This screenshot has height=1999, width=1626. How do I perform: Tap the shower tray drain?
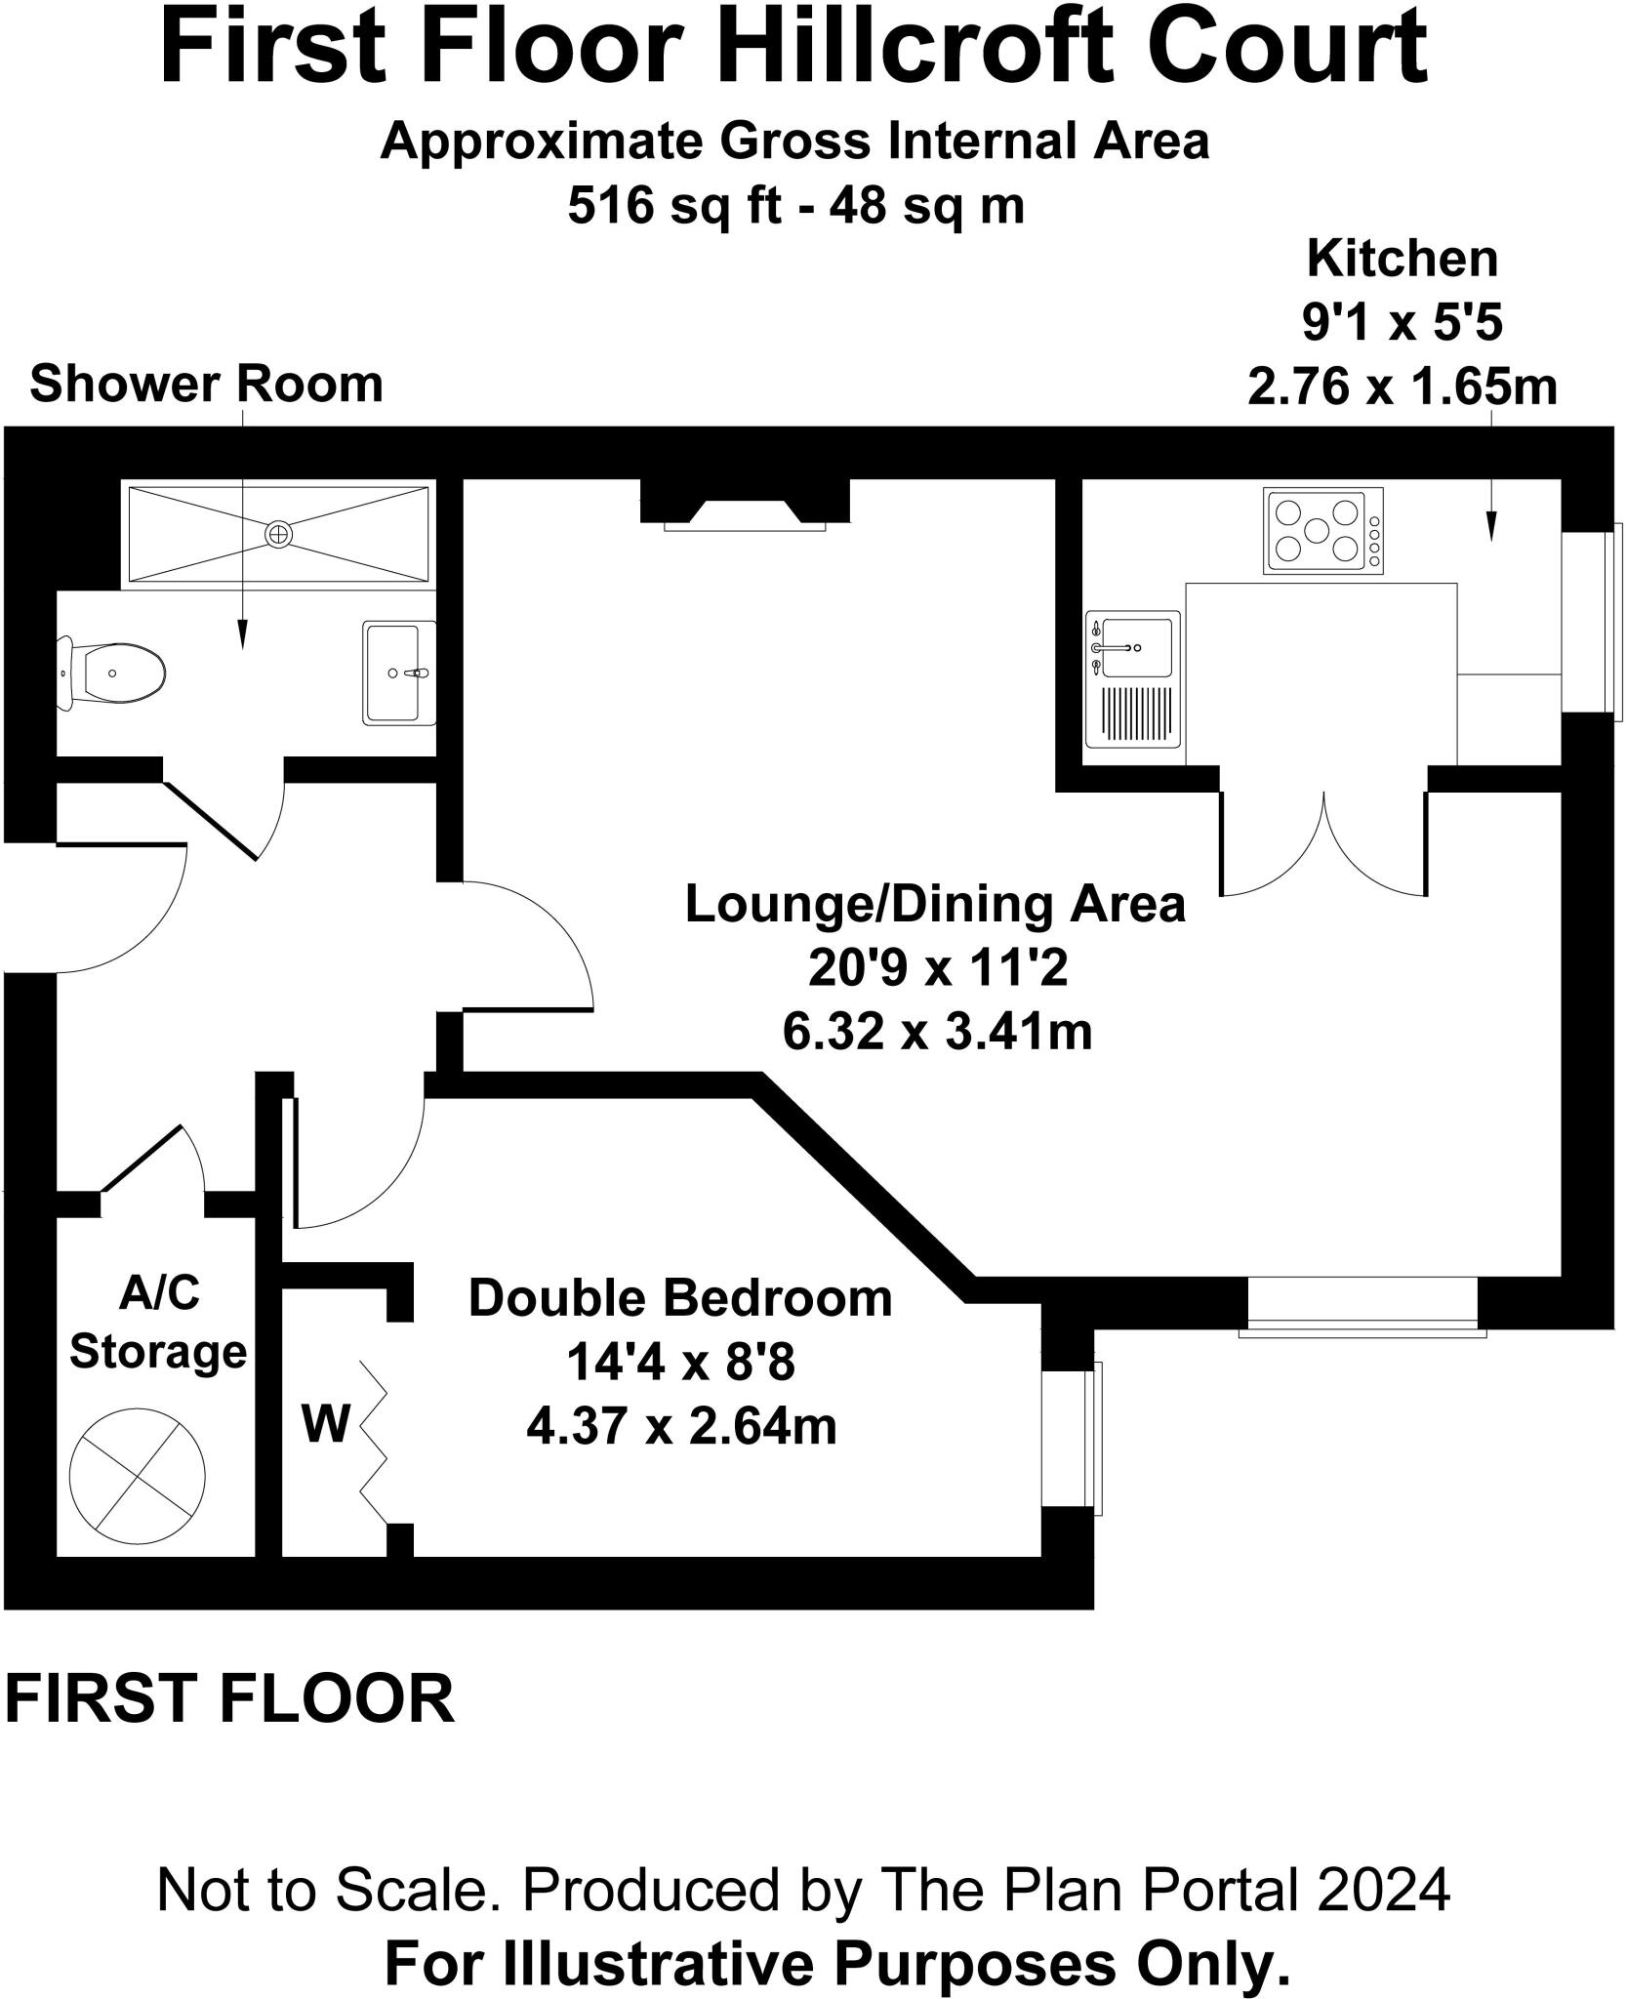[279, 533]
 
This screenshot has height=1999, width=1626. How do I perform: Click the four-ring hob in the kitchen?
[1323, 530]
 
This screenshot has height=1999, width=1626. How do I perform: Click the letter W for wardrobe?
[325, 1424]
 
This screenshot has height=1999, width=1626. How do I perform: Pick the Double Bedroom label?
[680, 1299]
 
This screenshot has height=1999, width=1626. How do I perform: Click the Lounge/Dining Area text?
[935, 904]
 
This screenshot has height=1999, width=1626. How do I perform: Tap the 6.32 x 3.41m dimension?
[936, 1032]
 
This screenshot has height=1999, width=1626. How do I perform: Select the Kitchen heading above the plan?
[1402, 260]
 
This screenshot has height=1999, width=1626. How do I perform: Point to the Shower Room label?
[206, 385]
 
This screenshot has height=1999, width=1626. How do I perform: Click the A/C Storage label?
[158, 1323]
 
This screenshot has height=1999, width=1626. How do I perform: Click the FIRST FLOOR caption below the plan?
[230, 1698]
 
